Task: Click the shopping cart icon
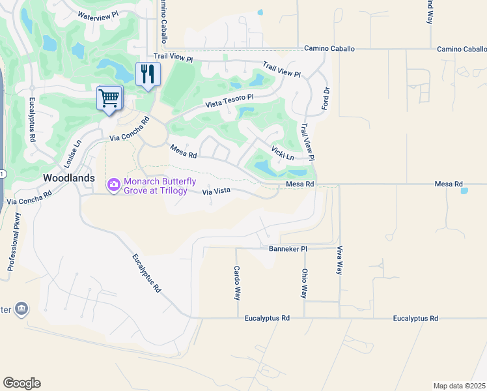(109, 99)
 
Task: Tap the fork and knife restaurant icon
(147, 74)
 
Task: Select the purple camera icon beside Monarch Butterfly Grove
(114, 186)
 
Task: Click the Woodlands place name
(68, 177)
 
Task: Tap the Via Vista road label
(217, 192)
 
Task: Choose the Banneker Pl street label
(287, 249)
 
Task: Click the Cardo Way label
(238, 282)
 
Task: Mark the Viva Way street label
(339, 260)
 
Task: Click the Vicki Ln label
(283, 154)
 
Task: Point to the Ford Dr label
(327, 98)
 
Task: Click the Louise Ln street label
(72, 152)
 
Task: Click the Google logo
(21, 383)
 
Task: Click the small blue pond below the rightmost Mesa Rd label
(464, 191)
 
